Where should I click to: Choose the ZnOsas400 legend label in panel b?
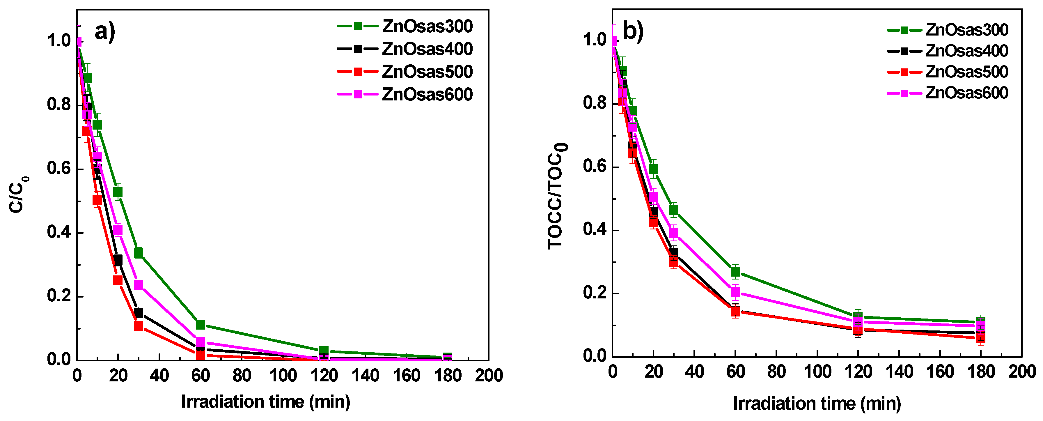[x=966, y=51]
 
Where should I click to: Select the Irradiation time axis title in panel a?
[x=265, y=401]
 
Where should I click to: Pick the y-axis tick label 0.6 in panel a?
[x=59, y=168]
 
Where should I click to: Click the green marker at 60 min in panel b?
[x=735, y=271]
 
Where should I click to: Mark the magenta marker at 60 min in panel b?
[x=735, y=292]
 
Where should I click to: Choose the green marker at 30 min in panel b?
[x=674, y=210]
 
